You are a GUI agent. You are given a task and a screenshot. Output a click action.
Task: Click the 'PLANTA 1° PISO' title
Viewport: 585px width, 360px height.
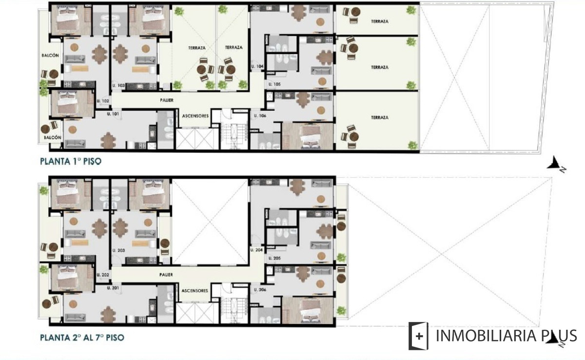coord(71,161)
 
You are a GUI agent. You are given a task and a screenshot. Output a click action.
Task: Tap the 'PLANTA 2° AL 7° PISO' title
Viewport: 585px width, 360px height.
coord(82,337)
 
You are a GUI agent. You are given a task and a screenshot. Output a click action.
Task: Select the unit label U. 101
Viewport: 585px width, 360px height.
coord(113,114)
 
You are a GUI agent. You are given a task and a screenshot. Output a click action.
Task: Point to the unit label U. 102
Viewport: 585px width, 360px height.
coord(103,101)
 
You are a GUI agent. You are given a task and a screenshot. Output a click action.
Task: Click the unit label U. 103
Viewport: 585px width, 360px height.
coord(118,85)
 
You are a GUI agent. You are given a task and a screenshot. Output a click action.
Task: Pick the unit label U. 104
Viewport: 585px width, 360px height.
coord(257,66)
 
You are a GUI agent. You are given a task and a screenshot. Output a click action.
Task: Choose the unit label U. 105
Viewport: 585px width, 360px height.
coord(274,84)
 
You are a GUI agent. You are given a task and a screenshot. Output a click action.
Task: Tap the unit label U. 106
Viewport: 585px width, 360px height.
coord(260,116)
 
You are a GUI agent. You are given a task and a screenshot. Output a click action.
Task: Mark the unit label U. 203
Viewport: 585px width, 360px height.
coord(118,250)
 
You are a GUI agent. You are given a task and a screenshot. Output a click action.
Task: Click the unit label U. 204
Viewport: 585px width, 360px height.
coord(256,250)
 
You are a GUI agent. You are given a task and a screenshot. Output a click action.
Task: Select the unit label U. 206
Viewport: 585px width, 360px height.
coord(260,290)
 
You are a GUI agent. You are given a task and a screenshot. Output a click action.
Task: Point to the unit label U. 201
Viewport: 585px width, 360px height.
coord(113,288)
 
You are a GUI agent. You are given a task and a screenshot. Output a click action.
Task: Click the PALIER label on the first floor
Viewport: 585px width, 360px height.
coord(167,100)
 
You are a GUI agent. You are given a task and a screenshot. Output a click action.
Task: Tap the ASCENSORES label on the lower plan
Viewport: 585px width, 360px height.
coord(195,291)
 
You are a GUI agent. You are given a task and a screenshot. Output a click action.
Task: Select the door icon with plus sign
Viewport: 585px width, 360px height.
coord(418,336)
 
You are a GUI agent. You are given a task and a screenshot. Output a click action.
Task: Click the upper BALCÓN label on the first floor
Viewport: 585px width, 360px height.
coord(50,56)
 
